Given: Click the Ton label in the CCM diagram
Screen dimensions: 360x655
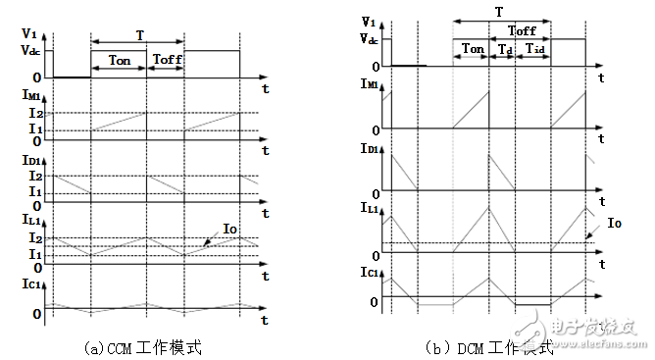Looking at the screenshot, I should (119, 60).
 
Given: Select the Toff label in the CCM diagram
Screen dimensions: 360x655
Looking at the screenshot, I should (166, 60).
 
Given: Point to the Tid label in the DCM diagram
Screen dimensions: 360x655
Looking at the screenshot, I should (535, 48).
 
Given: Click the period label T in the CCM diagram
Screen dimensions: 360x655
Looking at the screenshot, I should (139, 34).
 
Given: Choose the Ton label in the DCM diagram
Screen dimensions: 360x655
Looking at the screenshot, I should (472, 48).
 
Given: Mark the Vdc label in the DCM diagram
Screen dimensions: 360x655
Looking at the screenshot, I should (369, 40).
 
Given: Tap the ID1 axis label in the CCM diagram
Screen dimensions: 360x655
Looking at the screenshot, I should (31, 161).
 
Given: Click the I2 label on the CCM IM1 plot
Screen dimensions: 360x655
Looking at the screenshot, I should (35, 113).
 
